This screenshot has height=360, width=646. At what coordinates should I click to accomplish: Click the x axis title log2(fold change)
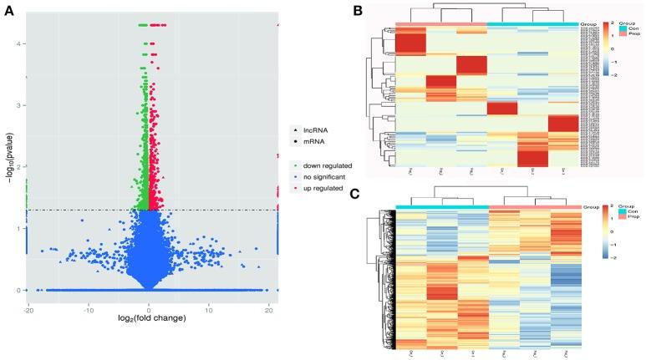[150, 318]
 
